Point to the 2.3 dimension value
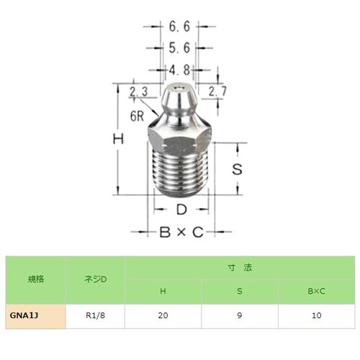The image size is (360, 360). tap(138, 91)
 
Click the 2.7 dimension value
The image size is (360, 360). tap(218, 91)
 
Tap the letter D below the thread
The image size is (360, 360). tap(182, 210)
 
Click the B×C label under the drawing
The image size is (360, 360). tap(181, 232)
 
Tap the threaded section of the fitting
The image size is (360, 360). tap(182, 173)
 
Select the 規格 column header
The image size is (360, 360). tap(35, 279)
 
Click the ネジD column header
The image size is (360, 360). tap(94, 279)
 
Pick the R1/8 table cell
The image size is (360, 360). tap(94, 315)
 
